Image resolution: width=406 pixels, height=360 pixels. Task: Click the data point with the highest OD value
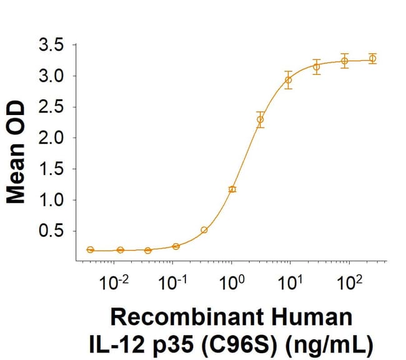[373, 59]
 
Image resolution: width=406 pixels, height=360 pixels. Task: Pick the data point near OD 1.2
[232, 189]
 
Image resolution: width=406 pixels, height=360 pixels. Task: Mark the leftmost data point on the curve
[91, 249]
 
